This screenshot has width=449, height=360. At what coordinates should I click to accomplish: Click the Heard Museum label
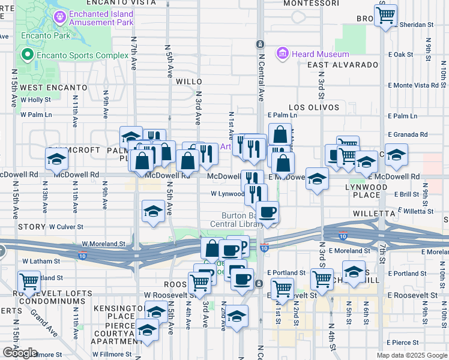321,55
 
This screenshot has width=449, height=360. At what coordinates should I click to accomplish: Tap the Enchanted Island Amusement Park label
101,18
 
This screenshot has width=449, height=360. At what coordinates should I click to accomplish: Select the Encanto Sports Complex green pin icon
27,55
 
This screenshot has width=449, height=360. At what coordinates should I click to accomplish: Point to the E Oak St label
402,55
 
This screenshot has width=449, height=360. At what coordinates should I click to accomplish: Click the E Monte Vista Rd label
414,86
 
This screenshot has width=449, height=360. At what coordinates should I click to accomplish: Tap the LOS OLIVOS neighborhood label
314,108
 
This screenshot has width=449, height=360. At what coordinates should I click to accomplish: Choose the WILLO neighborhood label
189,81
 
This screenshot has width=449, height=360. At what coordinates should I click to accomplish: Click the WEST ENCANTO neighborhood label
53,88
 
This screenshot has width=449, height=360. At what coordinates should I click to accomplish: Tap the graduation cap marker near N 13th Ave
56,160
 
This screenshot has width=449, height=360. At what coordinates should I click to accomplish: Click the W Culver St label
66,227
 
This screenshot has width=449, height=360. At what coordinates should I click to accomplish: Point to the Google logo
20,353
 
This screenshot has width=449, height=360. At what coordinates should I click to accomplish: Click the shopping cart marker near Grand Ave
29,281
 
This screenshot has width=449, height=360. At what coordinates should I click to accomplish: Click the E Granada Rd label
408,135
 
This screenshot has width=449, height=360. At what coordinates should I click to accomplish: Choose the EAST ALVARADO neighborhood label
343,65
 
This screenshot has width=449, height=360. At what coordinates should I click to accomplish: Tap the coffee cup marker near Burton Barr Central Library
267,212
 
